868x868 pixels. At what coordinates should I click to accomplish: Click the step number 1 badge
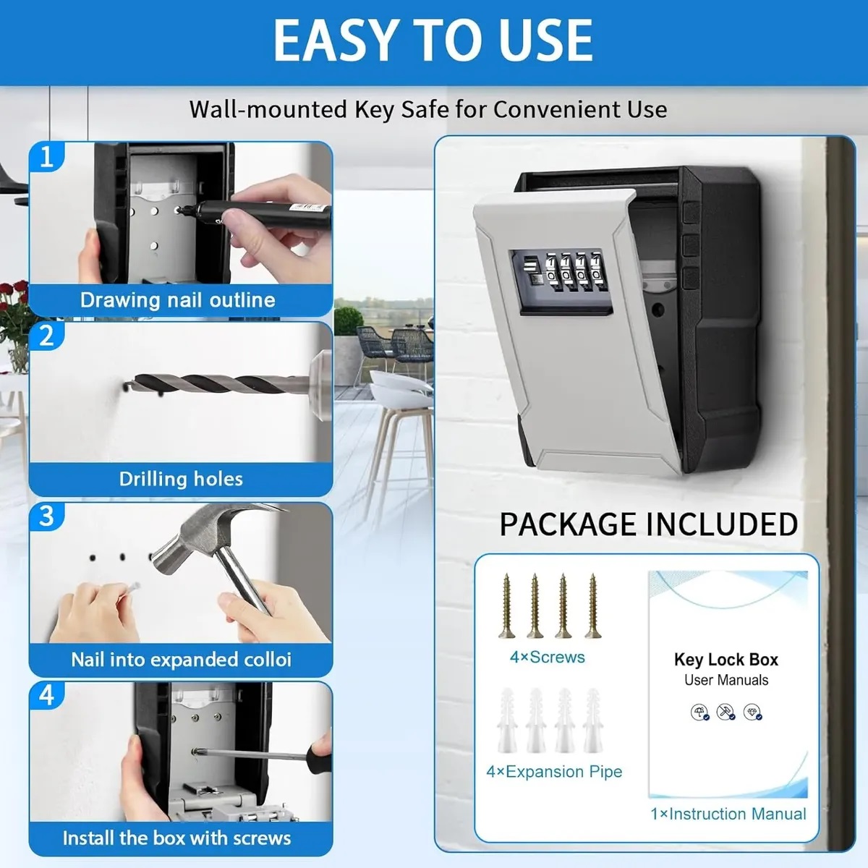[x=47, y=157]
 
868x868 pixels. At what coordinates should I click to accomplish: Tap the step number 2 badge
[x=47, y=336]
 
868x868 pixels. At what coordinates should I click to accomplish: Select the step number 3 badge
[x=47, y=516]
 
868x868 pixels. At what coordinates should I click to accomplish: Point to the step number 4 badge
[x=47, y=695]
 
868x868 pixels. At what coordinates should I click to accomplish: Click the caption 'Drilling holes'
[x=181, y=479]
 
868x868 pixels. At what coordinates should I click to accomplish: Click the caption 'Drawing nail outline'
[x=178, y=300]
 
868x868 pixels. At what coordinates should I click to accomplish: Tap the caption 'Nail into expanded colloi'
[x=181, y=660]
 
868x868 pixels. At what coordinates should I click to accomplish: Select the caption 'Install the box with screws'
[x=177, y=838]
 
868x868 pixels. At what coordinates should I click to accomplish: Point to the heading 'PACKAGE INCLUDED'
[x=649, y=524]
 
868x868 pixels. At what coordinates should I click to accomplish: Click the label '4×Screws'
[x=548, y=658]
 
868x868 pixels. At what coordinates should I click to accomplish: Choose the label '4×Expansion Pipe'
[x=554, y=772]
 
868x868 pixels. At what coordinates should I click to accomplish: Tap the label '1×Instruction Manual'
[x=728, y=814]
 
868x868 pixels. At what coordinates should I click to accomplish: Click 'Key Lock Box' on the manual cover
[x=726, y=660]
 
